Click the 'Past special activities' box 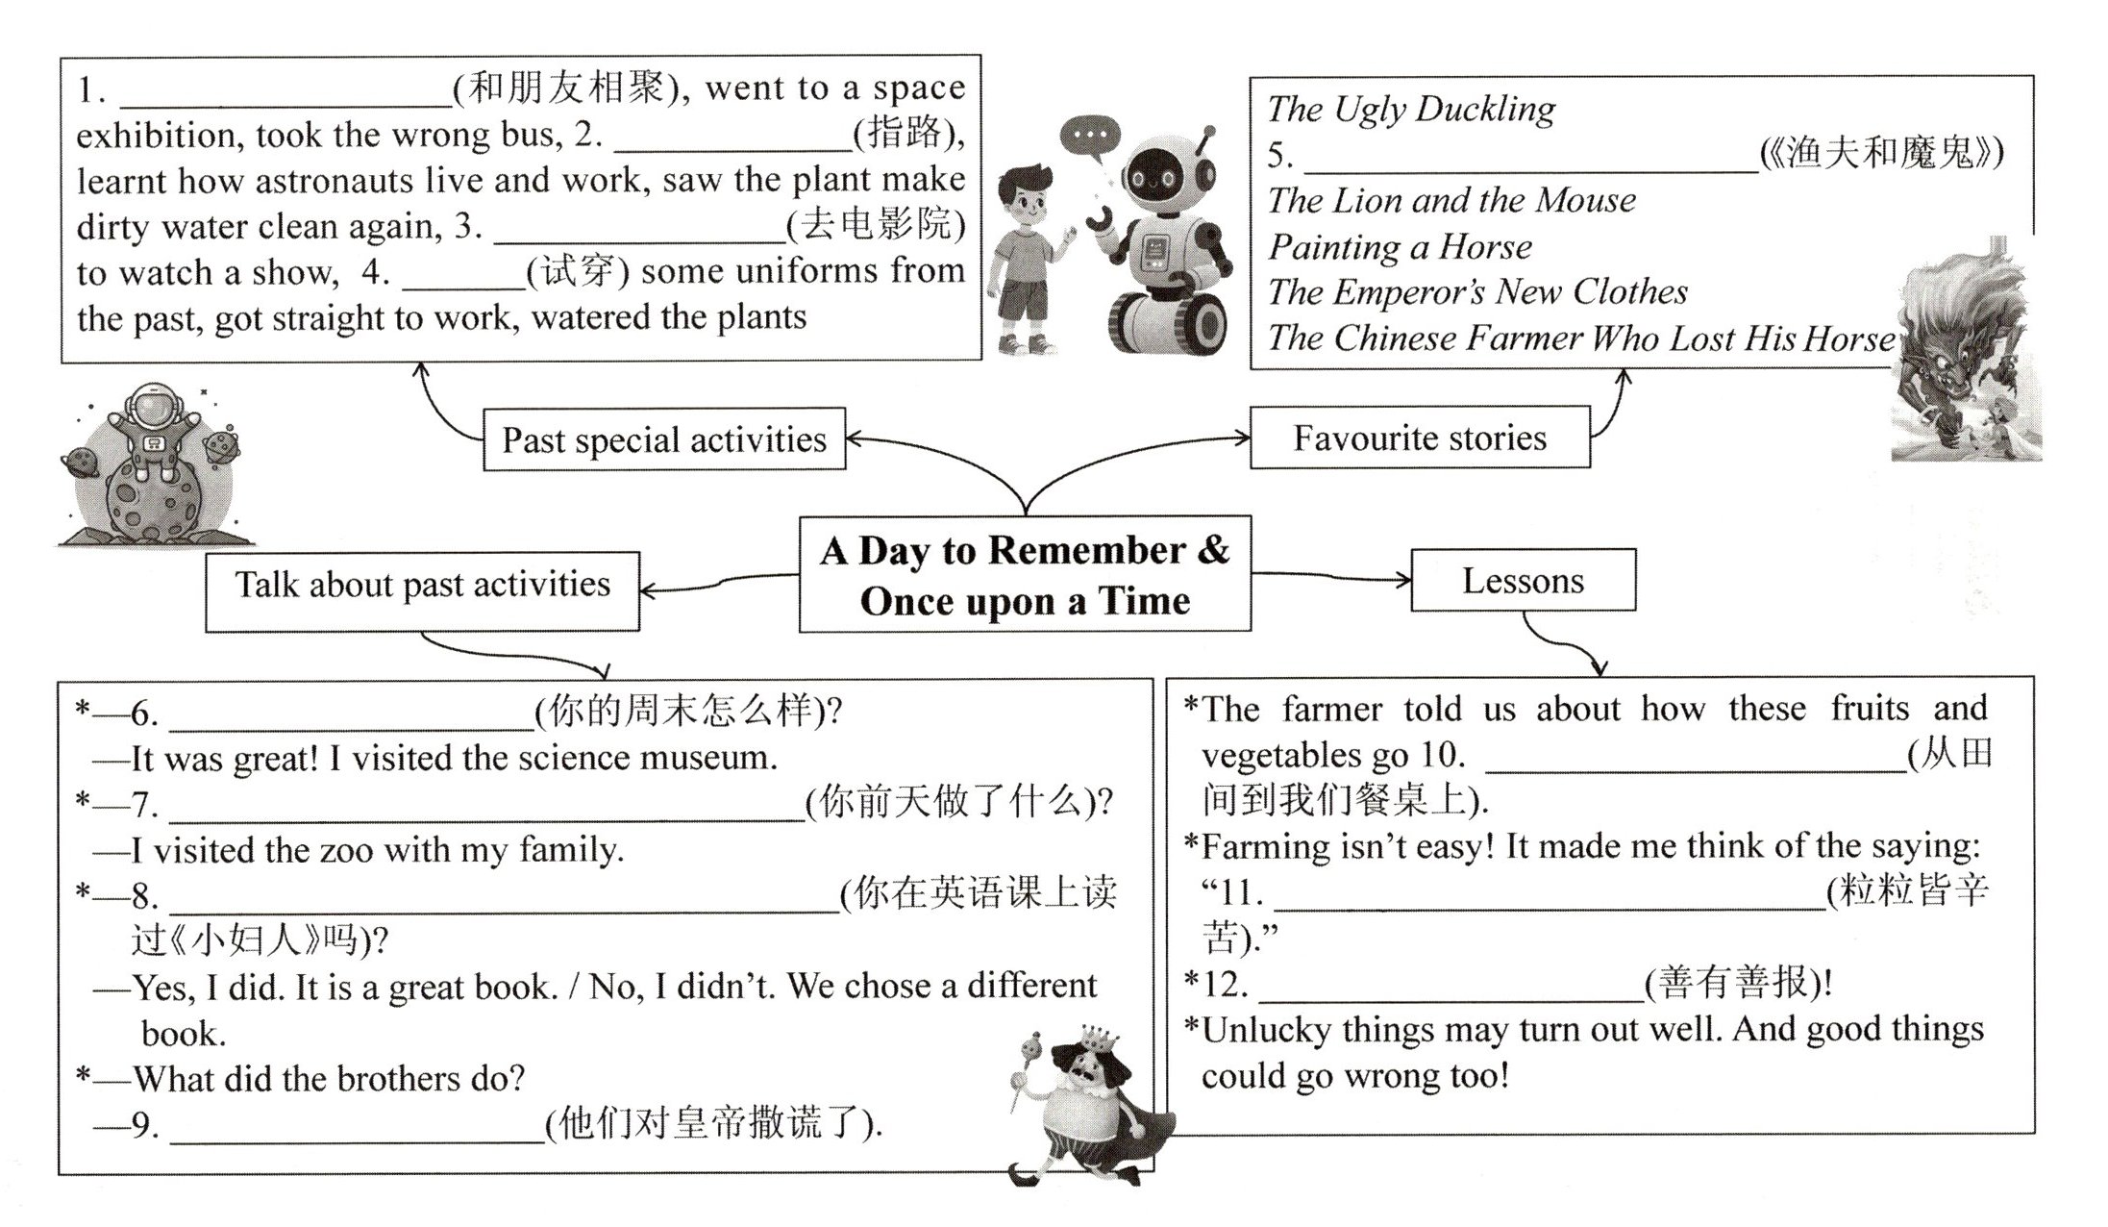click(x=663, y=439)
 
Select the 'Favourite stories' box click(x=1419, y=438)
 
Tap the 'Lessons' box click(x=1523, y=581)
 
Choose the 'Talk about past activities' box click(x=422, y=586)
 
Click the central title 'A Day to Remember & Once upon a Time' click(x=1025, y=575)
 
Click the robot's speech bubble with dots click(x=1090, y=136)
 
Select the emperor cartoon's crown click(x=1099, y=1039)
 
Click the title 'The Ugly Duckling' click(x=1410, y=109)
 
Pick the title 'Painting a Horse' click(x=1400, y=247)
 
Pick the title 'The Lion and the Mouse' click(x=1451, y=201)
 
